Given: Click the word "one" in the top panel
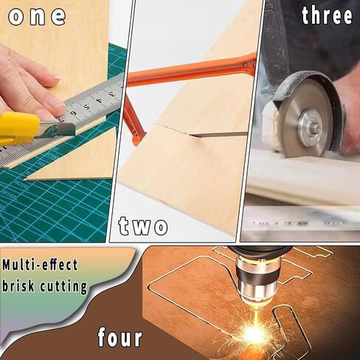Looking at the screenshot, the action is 37,16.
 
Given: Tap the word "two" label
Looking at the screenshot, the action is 143,226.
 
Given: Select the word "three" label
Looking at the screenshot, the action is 327,15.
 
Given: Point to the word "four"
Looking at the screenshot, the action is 120,337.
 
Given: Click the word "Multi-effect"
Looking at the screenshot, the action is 40,265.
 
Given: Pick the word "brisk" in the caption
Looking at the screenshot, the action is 18,285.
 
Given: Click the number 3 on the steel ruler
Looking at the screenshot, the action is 112,94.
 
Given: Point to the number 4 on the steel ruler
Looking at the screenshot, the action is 100,100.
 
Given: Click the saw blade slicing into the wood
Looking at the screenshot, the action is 219,134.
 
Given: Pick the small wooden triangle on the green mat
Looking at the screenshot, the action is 74,156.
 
